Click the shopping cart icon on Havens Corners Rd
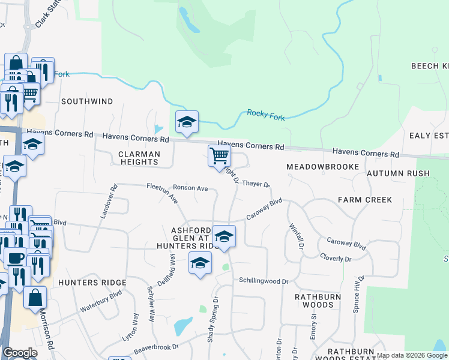tap(220, 156)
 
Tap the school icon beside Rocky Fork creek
tap(187, 122)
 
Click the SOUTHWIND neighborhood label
tap(87, 101)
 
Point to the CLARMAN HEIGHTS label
tap(139, 158)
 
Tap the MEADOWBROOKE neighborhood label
tap(322, 166)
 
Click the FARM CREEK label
tap(364, 199)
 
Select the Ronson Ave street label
tap(190, 188)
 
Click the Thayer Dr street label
tap(256, 185)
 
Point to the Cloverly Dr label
tap(336, 259)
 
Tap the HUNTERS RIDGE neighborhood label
tap(92, 282)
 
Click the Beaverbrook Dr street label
tap(156, 347)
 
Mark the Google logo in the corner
tap(20, 353)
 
